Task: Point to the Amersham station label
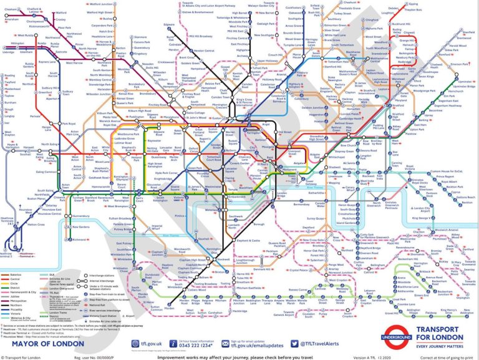pyautogui.click(x=11, y=19)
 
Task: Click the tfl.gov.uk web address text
pyautogui.click(x=145, y=343)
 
